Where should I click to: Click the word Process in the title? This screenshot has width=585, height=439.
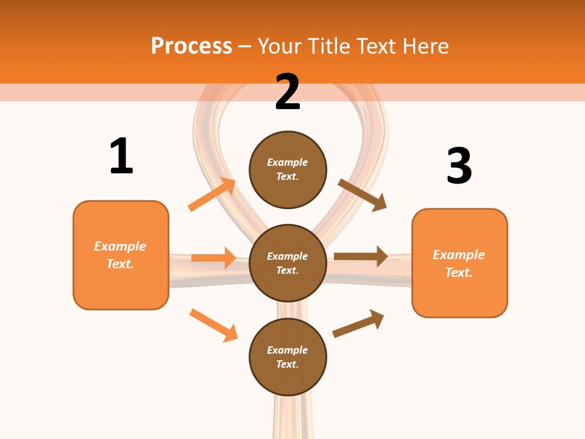click(x=191, y=46)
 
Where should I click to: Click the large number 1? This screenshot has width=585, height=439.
click(x=121, y=156)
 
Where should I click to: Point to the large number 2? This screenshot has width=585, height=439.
click(x=288, y=92)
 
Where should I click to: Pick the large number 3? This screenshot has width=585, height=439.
click(x=459, y=166)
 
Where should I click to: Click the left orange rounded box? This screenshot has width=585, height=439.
click(x=121, y=255)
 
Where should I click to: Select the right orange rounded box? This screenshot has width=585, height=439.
click(x=459, y=263)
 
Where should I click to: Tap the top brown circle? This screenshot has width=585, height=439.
click(x=288, y=170)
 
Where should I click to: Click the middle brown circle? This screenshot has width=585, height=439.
click(x=288, y=263)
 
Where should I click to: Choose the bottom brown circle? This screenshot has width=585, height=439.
click(x=288, y=357)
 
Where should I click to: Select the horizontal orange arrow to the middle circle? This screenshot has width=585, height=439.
click(x=213, y=258)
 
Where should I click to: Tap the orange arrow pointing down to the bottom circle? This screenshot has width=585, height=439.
click(x=213, y=325)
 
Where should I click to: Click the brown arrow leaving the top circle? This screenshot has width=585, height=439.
click(x=363, y=195)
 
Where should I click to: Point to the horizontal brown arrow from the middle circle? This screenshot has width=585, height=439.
click(x=361, y=256)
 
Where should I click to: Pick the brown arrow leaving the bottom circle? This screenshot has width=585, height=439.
click(x=358, y=323)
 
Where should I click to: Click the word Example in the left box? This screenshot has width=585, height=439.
click(x=120, y=246)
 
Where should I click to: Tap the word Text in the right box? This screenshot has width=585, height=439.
click(x=458, y=273)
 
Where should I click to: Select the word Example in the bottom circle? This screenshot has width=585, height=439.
click(x=288, y=350)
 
